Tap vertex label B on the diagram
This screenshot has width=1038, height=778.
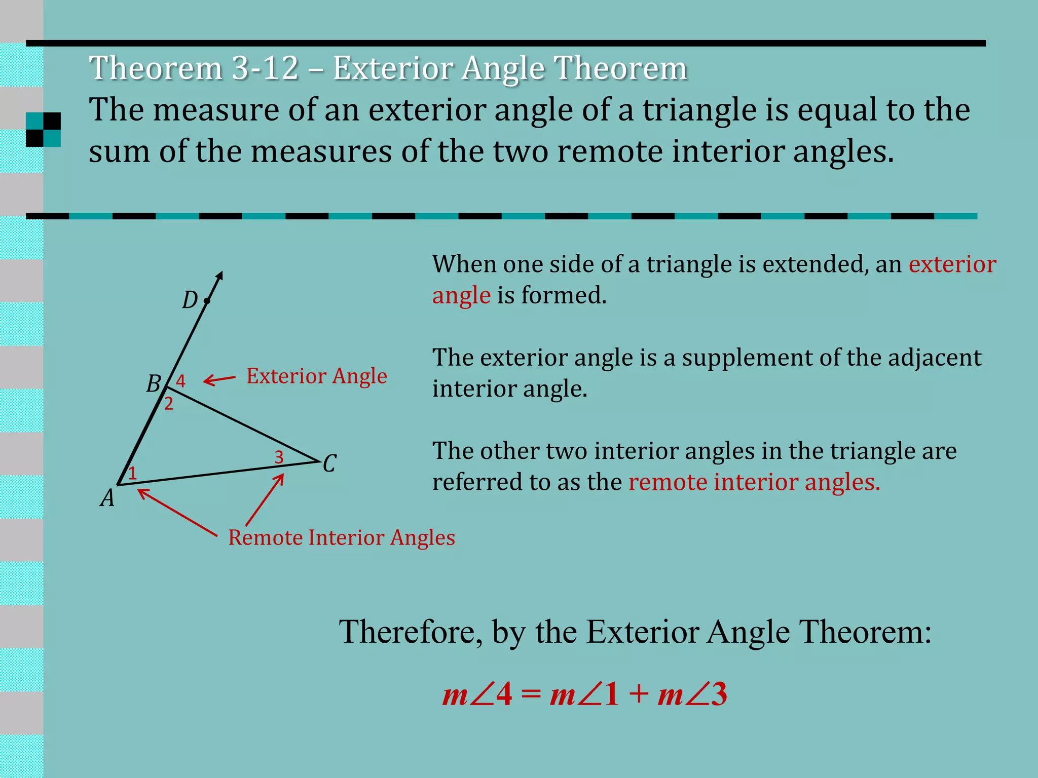[x=154, y=384]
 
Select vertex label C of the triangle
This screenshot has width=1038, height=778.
[x=329, y=463]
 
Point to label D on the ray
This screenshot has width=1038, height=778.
[x=190, y=300]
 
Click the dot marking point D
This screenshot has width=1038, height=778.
[x=207, y=301]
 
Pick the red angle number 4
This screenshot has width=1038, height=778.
[x=180, y=381]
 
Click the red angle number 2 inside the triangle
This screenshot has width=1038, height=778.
[x=169, y=404]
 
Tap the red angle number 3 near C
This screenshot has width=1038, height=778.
[x=279, y=457]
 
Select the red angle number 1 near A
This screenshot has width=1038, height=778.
[x=132, y=474]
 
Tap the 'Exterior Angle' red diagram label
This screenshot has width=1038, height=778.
[x=317, y=376]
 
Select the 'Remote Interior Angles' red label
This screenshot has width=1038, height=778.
[x=342, y=538]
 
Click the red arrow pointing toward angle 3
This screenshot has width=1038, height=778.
[x=265, y=500]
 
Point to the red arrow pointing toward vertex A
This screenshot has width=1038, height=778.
[x=177, y=512]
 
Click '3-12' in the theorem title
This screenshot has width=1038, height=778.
[x=265, y=68]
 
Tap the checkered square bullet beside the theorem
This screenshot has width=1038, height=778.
[x=44, y=130]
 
